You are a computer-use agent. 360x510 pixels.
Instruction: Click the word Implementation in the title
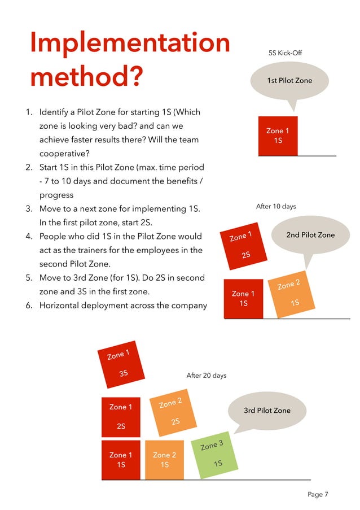click(130, 43)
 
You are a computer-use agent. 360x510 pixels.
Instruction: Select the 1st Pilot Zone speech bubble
click(289, 81)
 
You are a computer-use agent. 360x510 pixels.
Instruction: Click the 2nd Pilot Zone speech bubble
click(310, 236)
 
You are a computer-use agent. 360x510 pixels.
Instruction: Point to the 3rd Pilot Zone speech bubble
click(267, 411)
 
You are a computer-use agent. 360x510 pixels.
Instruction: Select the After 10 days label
click(276, 207)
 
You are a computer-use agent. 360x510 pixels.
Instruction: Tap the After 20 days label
click(206, 376)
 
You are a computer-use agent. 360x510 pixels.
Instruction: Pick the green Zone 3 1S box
click(214, 455)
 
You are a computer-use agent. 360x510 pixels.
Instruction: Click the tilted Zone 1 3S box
click(121, 364)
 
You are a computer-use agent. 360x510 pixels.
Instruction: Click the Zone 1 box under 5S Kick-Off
click(278, 136)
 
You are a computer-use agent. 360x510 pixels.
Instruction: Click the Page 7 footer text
click(318, 495)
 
